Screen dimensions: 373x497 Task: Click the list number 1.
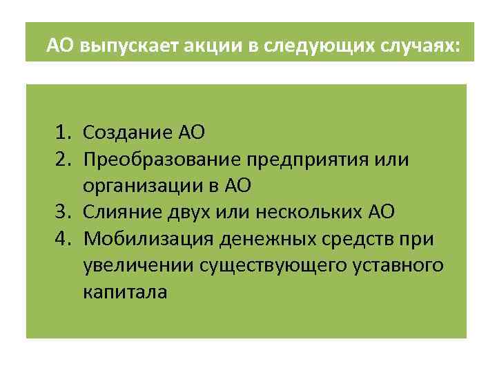64,133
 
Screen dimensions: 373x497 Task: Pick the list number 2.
64,160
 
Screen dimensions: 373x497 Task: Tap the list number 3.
64,211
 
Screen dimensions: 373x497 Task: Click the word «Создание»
120,133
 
